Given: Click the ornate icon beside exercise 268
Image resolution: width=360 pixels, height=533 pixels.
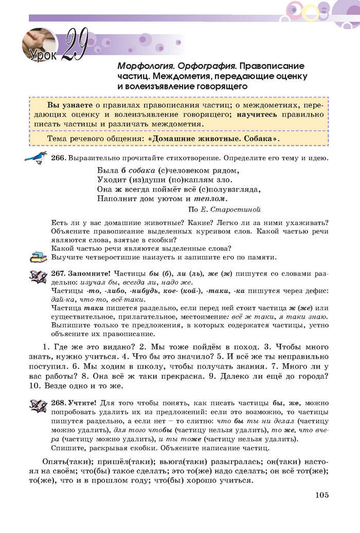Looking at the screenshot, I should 38,406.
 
